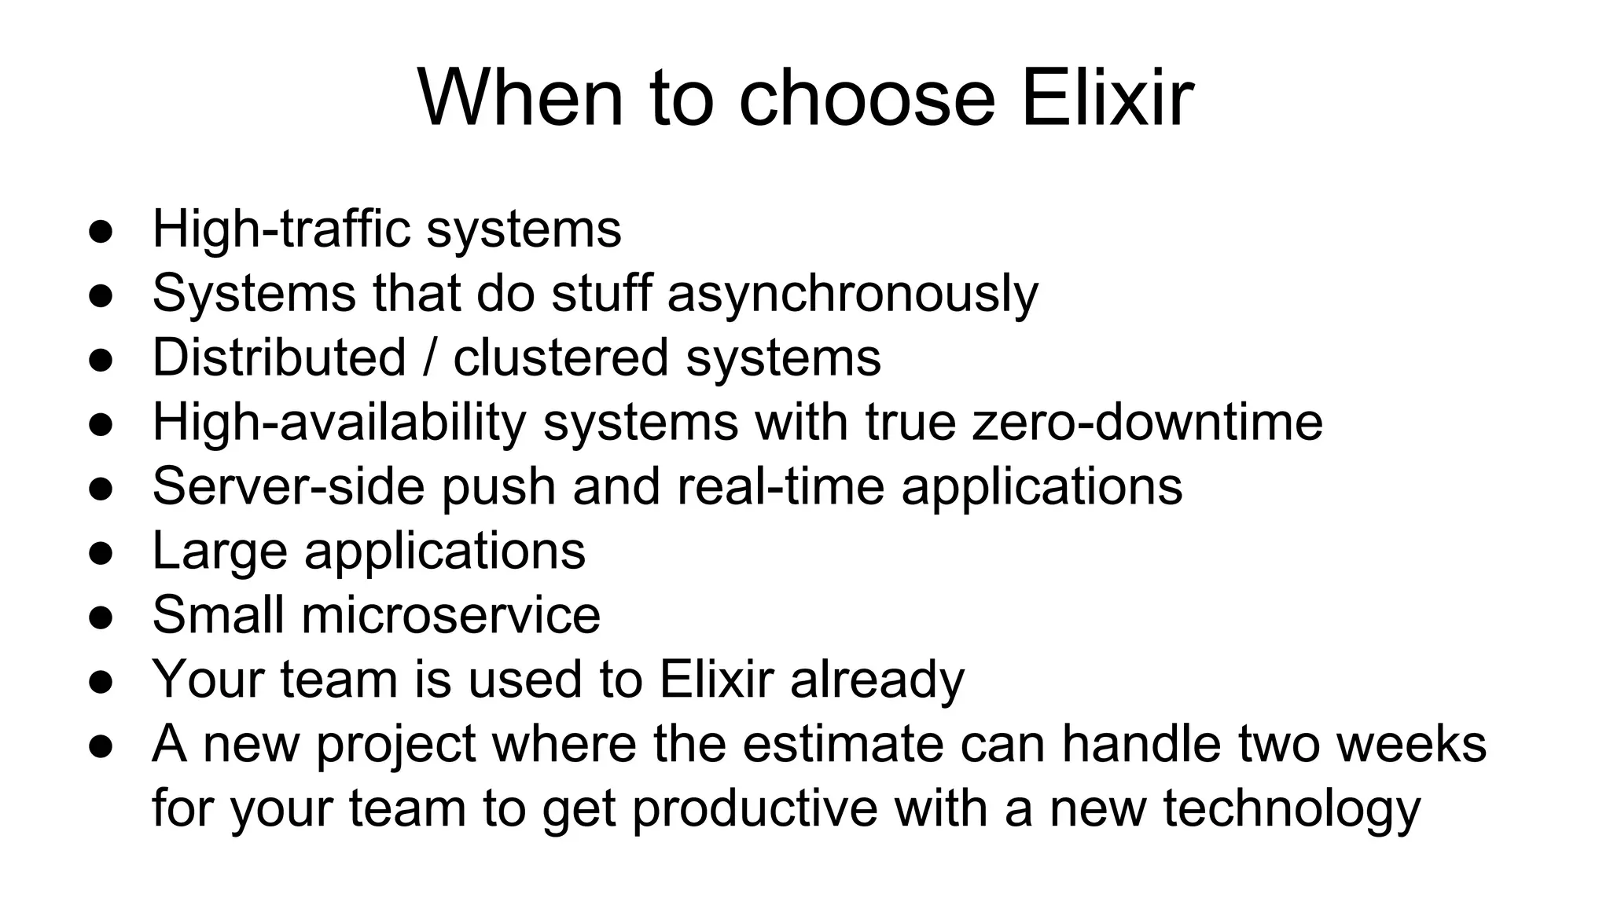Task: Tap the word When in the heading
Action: point(520,99)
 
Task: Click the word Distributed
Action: point(279,358)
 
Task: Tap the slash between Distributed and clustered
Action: point(429,358)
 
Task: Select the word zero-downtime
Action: point(1147,423)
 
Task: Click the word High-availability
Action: point(339,423)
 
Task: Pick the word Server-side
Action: point(288,487)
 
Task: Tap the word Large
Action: point(219,551)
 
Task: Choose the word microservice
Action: point(450,616)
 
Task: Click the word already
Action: point(877,680)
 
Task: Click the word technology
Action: point(1292,809)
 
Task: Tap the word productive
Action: point(755,809)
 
